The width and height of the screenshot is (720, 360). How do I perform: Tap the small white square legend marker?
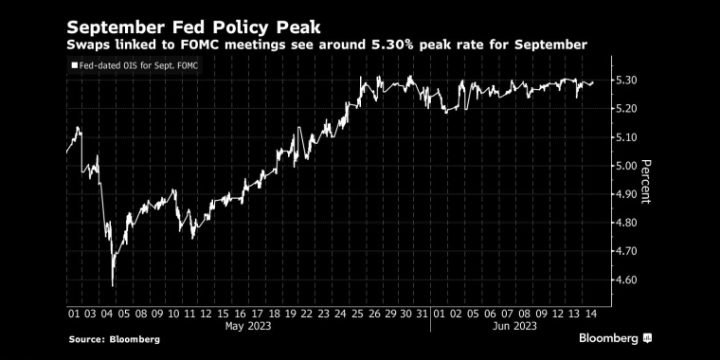(73, 65)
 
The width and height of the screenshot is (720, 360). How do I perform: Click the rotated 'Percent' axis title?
(646, 180)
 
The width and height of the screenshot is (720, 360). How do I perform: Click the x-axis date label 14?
(589, 313)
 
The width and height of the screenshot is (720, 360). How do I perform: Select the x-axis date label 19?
(291, 313)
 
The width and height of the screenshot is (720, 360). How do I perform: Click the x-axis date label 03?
(94, 313)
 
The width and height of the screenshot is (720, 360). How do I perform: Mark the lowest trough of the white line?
(113, 285)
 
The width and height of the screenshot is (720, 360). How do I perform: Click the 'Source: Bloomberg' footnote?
(115, 339)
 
